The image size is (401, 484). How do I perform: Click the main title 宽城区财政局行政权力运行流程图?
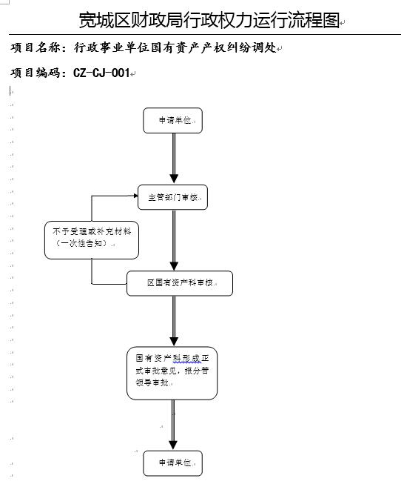[x=209, y=20]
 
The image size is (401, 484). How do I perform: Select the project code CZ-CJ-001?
[x=101, y=73]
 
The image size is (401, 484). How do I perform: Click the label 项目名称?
[x=36, y=47]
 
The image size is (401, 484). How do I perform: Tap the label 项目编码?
[x=36, y=73]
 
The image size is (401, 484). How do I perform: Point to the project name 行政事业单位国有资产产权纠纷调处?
[x=175, y=47]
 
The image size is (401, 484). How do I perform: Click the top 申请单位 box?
[x=172, y=120]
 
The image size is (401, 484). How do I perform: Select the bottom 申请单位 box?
[x=172, y=463]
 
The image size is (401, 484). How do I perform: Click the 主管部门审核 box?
[x=172, y=197]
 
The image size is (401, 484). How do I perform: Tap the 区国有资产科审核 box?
[x=180, y=283]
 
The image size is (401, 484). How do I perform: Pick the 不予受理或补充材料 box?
[x=92, y=240]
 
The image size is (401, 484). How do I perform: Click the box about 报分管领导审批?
[x=172, y=373]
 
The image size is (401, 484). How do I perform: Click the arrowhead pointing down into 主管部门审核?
[x=174, y=179]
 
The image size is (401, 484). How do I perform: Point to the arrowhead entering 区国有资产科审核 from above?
[x=174, y=266]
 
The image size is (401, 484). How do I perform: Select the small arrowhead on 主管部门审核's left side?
[x=135, y=196]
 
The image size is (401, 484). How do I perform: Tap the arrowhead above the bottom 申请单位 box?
[x=173, y=445]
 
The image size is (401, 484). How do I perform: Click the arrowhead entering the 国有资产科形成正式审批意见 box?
[x=174, y=342]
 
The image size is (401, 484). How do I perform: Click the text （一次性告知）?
[x=81, y=243]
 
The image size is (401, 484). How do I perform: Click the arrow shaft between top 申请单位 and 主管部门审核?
[x=174, y=154]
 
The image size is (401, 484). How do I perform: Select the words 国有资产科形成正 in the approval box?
[x=172, y=359]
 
